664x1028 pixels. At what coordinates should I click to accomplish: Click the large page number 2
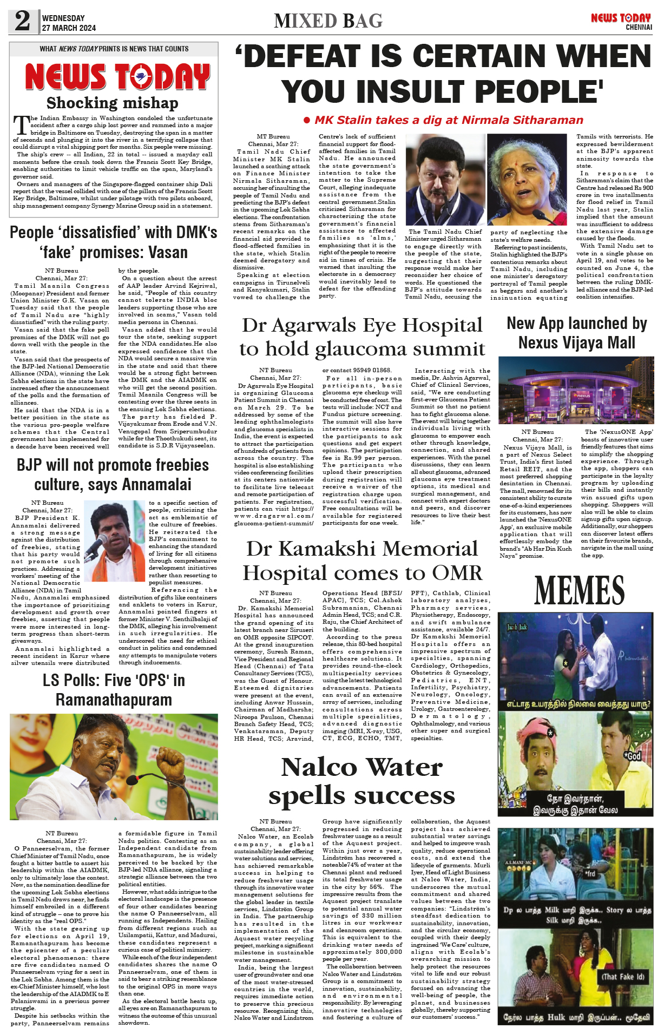pos(22,21)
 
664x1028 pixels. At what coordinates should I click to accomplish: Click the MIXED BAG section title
pos(328,21)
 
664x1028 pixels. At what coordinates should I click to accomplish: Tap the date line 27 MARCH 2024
pos(69,28)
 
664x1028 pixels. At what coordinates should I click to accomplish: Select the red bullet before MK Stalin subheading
pos(307,120)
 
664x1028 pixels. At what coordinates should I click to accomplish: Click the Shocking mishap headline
pos(112,103)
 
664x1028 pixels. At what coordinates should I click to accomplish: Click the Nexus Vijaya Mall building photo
pos(575,390)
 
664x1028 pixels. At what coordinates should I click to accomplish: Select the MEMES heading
pos(579,590)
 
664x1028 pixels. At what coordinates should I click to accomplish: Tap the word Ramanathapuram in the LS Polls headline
pos(114,700)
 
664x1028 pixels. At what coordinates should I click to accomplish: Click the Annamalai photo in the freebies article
pos(114,541)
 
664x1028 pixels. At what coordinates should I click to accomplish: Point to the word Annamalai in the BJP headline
pos(156,484)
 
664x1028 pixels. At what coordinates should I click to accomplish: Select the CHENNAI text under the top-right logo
pos(639,27)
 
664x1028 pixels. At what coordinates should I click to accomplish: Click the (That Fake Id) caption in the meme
pos(623,977)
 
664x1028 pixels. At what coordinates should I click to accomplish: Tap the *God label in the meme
pos(633,756)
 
